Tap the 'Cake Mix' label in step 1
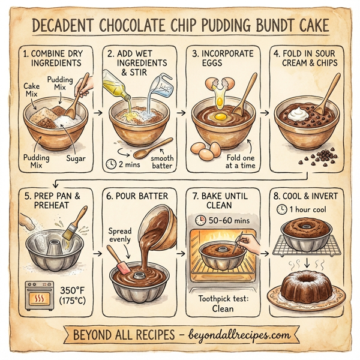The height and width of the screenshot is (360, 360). click(x=32, y=90)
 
